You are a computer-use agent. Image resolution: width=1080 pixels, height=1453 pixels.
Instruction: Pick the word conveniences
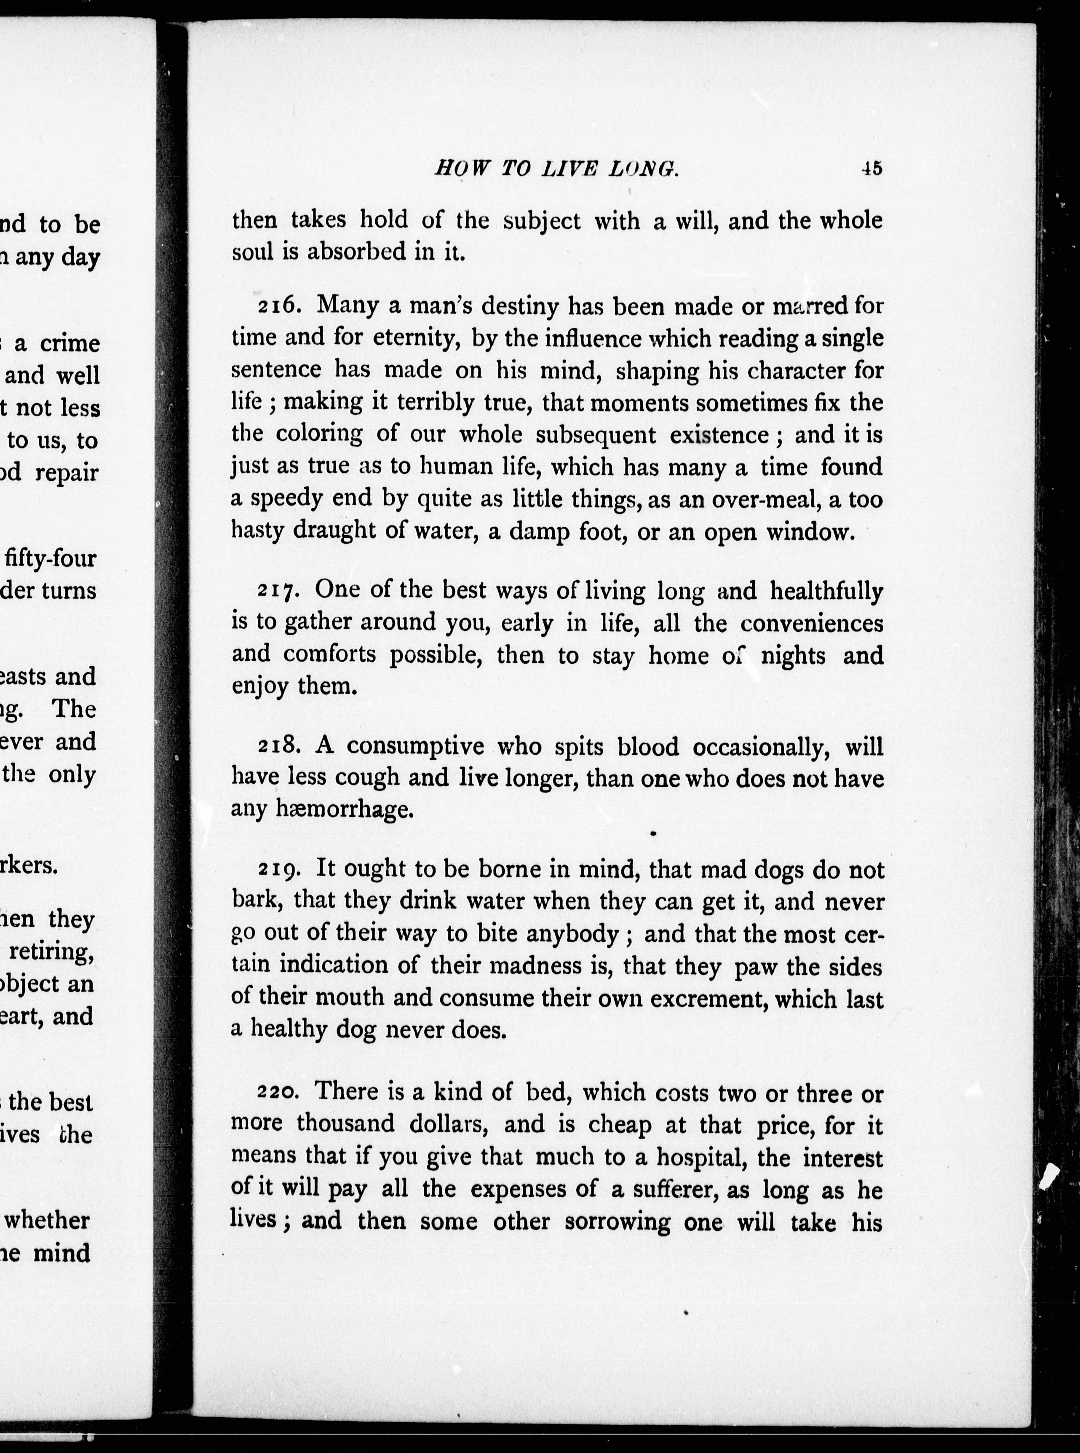[x=812, y=623]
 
